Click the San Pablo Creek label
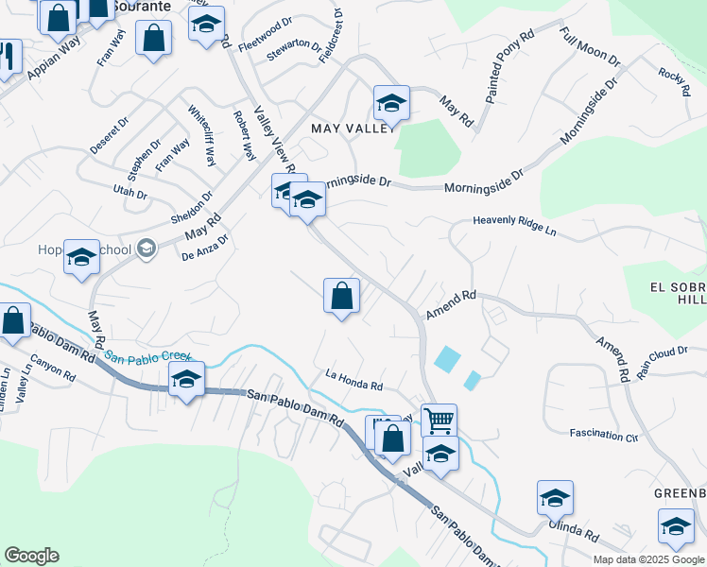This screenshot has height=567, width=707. [x=147, y=357]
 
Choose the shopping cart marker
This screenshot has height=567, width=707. [x=439, y=419]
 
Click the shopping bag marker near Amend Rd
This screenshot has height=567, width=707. [x=341, y=295]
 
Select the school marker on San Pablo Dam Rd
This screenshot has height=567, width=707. [x=186, y=380]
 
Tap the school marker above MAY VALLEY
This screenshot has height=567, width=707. [x=391, y=102]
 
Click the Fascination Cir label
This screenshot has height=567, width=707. [x=604, y=436]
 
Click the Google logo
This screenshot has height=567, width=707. [x=31, y=556]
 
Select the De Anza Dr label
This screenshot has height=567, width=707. [x=205, y=247]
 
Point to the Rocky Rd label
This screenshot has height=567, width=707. [x=675, y=82]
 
